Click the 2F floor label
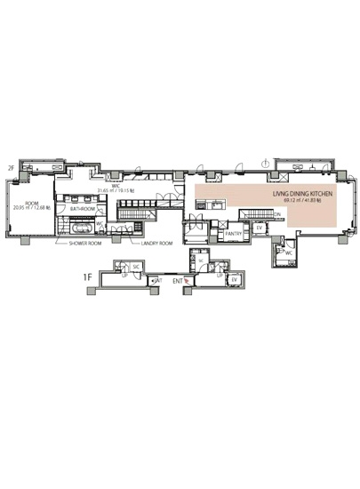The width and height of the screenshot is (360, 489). [12, 167]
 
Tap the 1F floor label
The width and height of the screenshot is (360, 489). [87, 277]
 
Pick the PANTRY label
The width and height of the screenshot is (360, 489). [234, 234]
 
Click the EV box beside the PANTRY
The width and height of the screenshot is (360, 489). [259, 228]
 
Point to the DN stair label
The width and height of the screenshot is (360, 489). [277, 214]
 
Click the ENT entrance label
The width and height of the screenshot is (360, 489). [177, 281]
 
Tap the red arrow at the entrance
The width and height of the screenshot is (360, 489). [186, 281]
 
